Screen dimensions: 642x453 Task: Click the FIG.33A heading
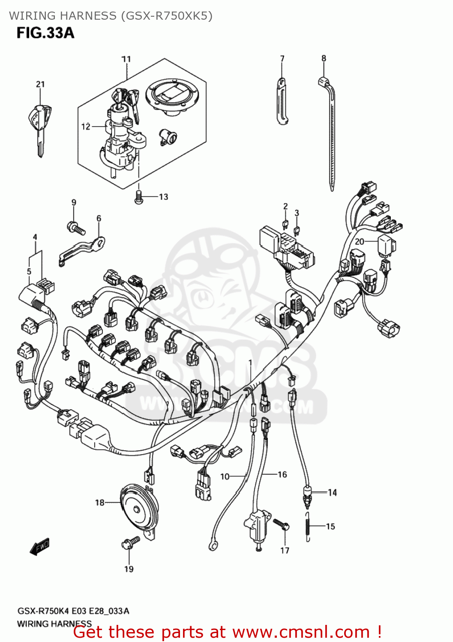coord(45,33)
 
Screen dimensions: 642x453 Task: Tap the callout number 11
coord(126,59)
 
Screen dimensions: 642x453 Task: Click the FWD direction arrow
coord(40,547)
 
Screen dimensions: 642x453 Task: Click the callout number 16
coord(282,474)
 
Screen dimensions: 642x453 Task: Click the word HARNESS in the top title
coord(88,16)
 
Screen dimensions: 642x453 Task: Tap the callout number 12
coord(86,126)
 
